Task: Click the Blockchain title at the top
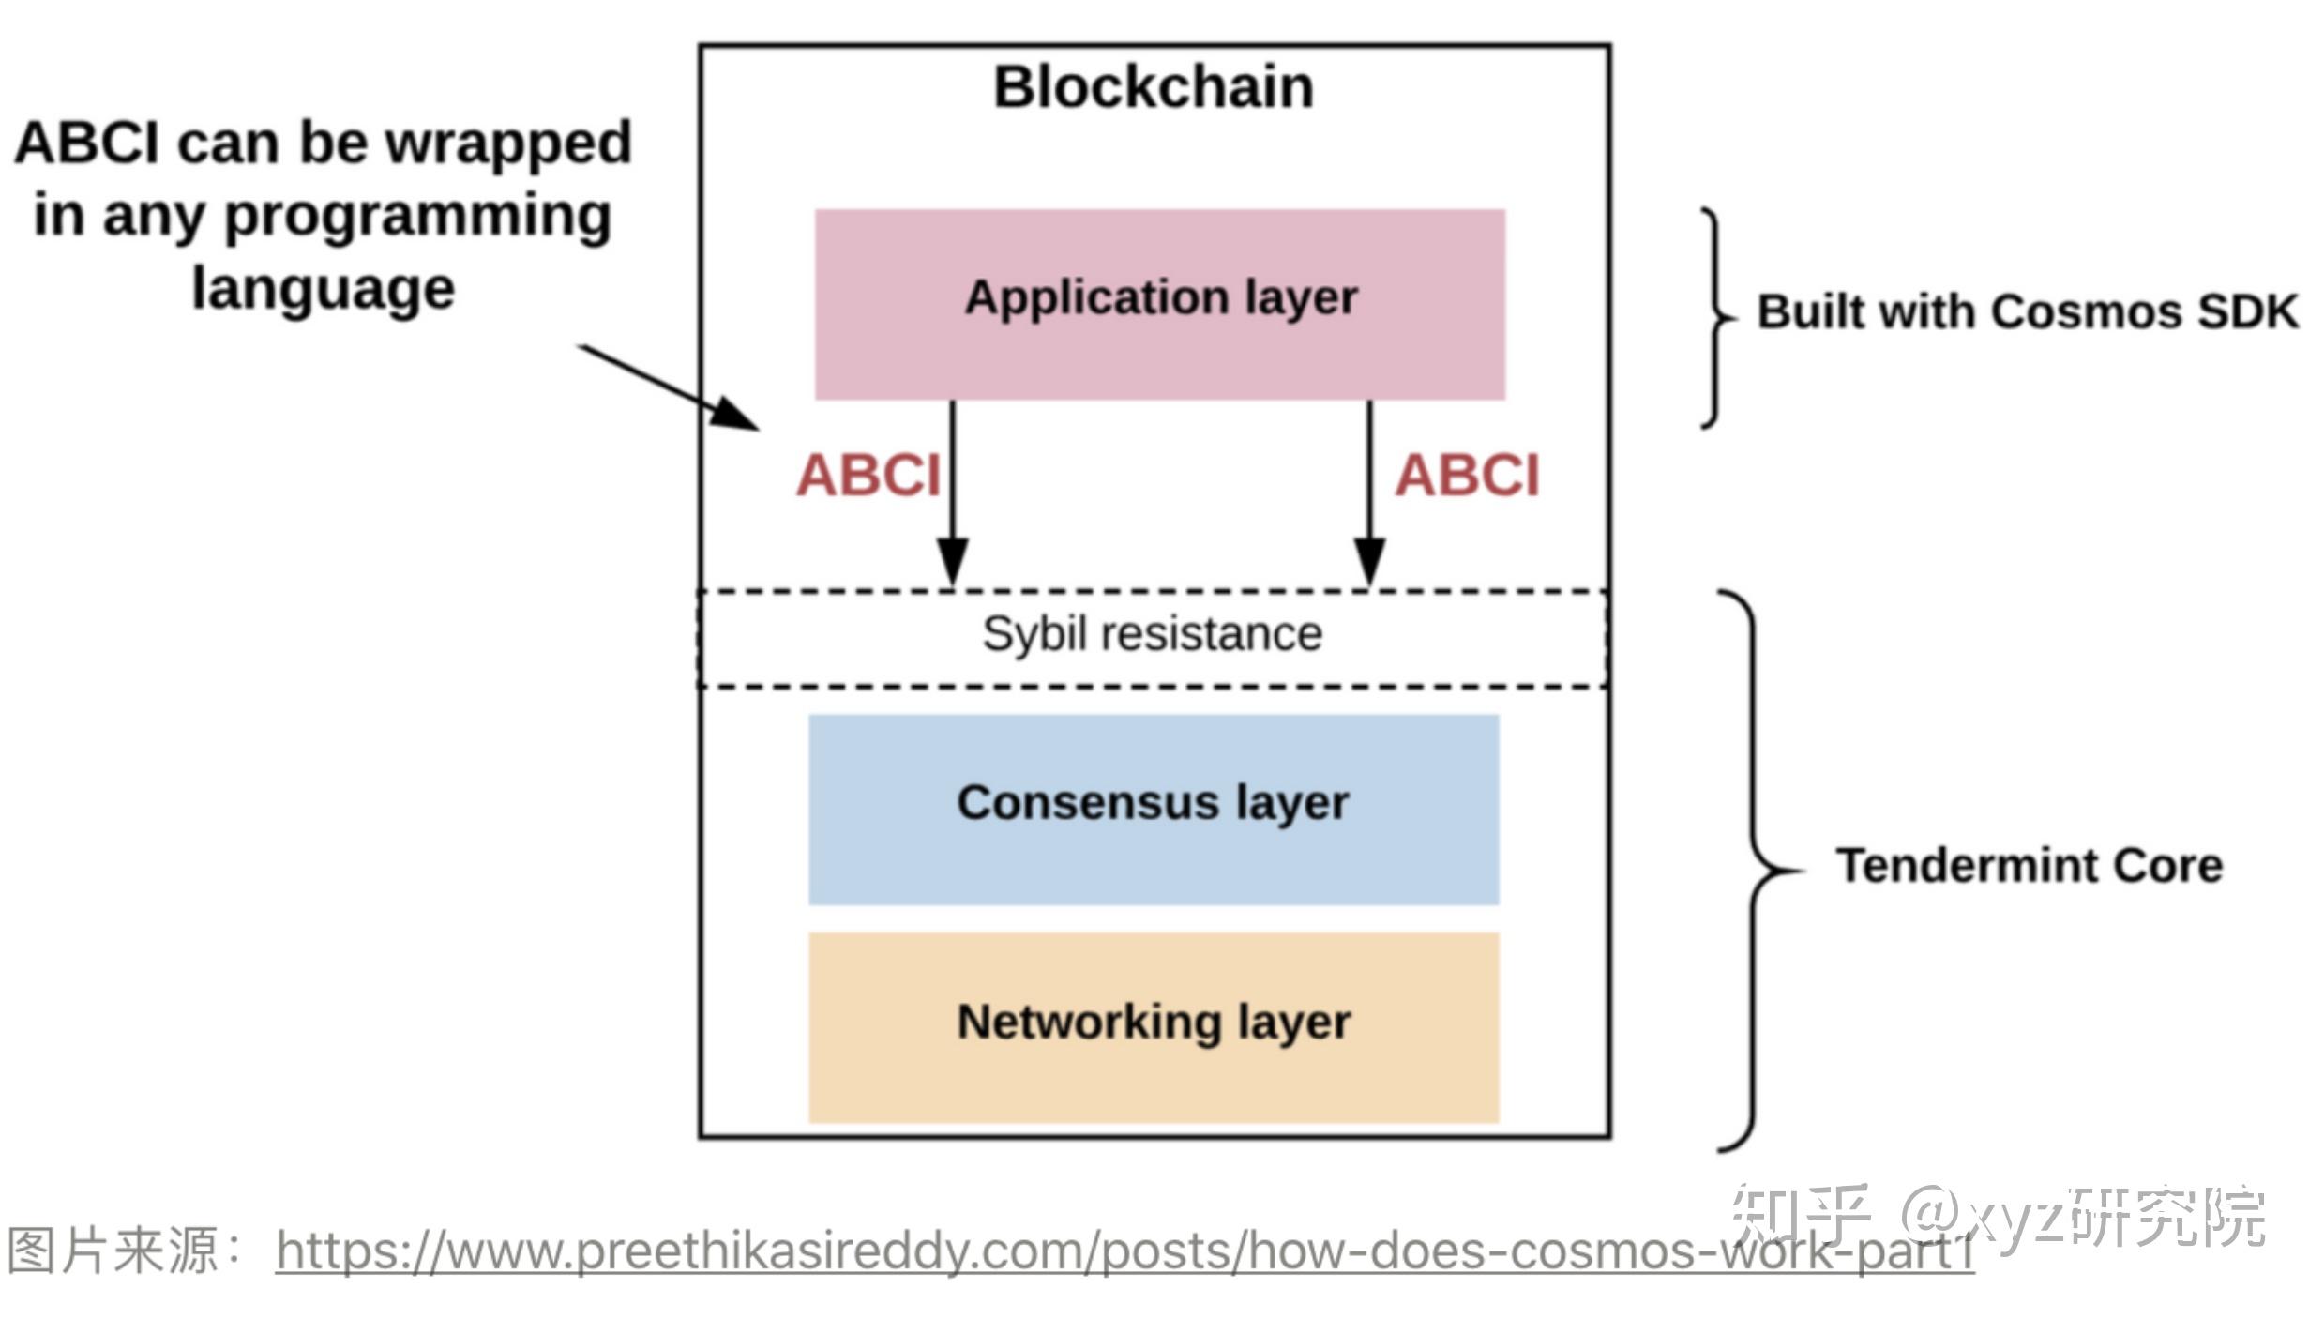point(1154,87)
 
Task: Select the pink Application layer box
point(1160,304)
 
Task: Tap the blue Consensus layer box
point(1154,809)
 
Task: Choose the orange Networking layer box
point(1154,1026)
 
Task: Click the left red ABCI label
point(868,476)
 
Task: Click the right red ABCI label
point(1467,476)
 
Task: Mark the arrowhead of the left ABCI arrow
point(953,563)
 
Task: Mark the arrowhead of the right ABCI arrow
point(1369,563)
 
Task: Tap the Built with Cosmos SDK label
point(2028,311)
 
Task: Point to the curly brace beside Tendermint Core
point(1754,870)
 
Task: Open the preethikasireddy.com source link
point(1125,1251)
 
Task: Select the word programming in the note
point(418,218)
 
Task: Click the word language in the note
point(324,289)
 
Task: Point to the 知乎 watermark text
point(1799,1216)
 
